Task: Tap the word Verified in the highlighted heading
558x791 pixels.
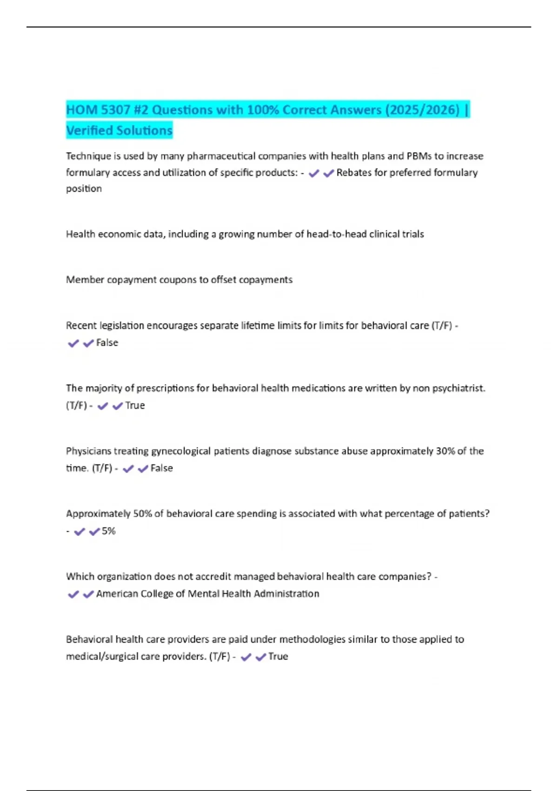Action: (x=91, y=130)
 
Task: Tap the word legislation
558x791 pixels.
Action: (x=122, y=326)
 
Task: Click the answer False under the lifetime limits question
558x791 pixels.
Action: (x=107, y=343)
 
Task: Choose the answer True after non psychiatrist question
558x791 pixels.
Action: (x=135, y=406)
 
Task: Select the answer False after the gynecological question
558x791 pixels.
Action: (x=161, y=468)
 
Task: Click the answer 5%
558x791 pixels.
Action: (x=108, y=531)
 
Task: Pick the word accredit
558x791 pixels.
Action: (x=213, y=576)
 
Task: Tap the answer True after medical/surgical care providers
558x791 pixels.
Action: (x=278, y=657)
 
